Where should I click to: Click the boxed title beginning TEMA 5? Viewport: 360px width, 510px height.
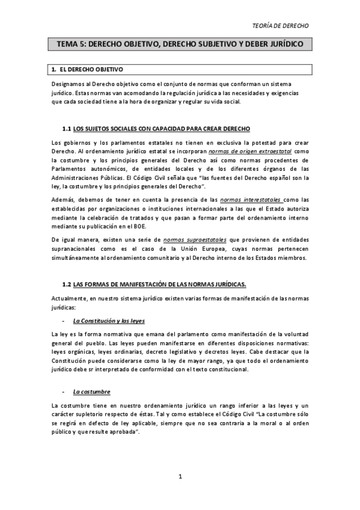(x=180, y=44)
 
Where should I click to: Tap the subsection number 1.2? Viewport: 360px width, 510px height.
(x=67, y=283)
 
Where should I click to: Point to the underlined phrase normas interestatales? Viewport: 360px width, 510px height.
(x=251, y=199)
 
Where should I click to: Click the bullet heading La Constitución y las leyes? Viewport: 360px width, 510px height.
(x=108, y=321)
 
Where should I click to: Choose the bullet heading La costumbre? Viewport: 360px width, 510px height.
(x=91, y=392)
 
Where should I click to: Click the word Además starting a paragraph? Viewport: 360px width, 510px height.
(x=64, y=199)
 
